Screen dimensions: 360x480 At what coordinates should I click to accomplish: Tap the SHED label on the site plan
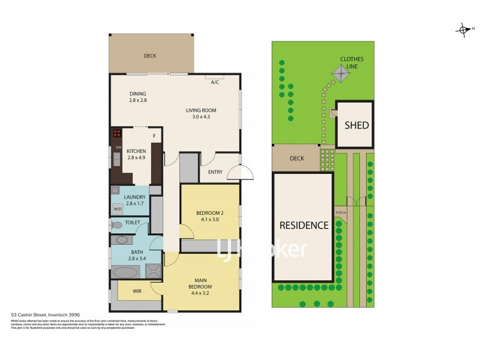click(x=356, y=125)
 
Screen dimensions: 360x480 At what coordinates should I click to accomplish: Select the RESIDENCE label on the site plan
click(x=304, y=226)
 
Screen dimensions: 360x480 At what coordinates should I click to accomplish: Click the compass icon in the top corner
click(x=463, y=29)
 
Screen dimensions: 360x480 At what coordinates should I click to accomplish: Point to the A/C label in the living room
click(x=214, y=83)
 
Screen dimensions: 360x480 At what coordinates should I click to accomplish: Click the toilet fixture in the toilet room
click(x=116, y=225)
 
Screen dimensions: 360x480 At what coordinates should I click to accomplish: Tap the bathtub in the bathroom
click(x=125, y=272)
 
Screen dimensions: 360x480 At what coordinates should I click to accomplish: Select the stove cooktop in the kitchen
click(x=116, y=134)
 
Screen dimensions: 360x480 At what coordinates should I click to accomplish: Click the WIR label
click(x=137, y=291)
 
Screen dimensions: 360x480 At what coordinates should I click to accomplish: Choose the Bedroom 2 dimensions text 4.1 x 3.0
click(x=209, y=219)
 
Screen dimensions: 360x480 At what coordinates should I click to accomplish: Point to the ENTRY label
click(x=215, y=172)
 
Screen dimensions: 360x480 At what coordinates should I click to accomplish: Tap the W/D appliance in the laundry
click(x=117, y=209)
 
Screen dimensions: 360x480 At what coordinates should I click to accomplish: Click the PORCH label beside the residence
click(x=340, y=212)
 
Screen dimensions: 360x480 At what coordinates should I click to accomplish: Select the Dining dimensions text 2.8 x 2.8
click(x=137, y=100)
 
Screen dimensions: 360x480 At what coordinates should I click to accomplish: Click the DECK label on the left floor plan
click(x=149, y=56)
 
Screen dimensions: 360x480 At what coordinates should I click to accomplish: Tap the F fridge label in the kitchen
click(x=154, y=136)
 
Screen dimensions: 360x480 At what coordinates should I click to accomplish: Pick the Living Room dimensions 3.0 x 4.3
click(x=200, y=116)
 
